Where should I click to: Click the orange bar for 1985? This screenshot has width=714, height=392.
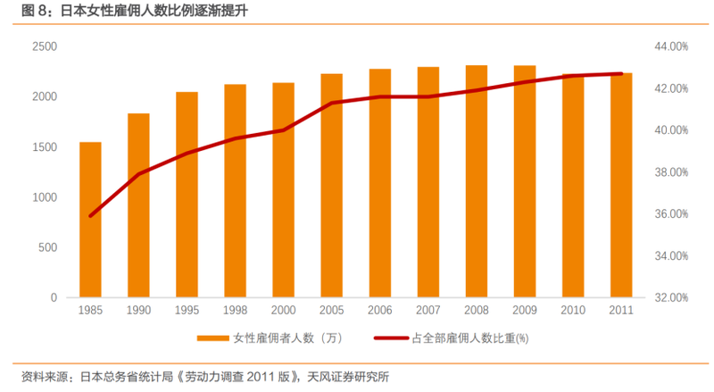pos(90,220)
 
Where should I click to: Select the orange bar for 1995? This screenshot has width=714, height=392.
pos(187,195)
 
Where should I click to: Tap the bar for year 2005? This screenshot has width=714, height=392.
pos(332,186)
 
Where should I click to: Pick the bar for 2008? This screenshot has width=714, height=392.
pos(477,181)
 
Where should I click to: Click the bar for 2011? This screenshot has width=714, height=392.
pos(621,185)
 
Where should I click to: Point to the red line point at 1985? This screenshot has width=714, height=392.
pos(90,215)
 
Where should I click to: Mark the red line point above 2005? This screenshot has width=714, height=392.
pos(332,103)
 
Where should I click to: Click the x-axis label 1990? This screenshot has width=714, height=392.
pos(138,309)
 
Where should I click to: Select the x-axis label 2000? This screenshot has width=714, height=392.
pos(284,309)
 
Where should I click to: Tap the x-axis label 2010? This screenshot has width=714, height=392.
pos(573,309)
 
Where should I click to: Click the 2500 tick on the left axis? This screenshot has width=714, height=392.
pos(45,46)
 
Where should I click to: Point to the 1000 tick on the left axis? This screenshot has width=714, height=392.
pos(45,197)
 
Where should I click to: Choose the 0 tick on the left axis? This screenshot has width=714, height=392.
pos(54,297)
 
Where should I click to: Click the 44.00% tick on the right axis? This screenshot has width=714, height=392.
pos(668,46)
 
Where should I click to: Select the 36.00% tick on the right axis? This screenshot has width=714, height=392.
pos(668,214)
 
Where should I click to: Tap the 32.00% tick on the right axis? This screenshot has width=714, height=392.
pos(668,297)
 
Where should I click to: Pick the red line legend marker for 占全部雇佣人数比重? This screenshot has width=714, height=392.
pos(392,338)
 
